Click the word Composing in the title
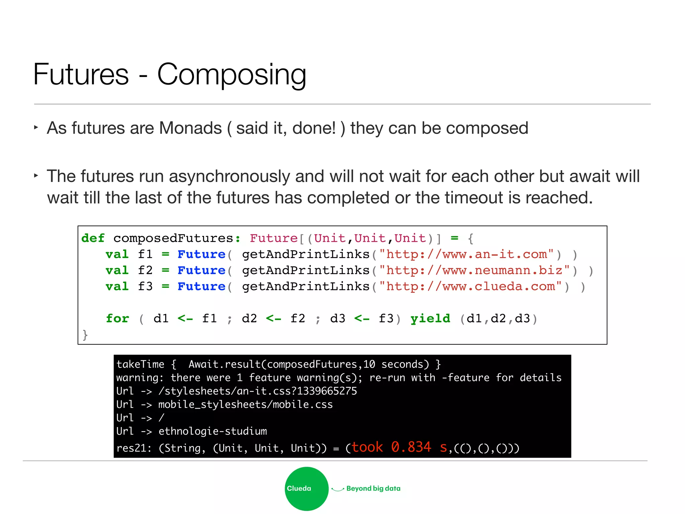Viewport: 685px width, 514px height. pos(231,75)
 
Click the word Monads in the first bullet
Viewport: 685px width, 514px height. pos(190,128)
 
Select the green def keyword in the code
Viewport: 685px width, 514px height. pos(93,238)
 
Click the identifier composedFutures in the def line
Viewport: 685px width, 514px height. pos(173,238)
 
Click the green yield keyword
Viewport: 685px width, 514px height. pos(430,318)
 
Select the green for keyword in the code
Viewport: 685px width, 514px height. pos(117,318)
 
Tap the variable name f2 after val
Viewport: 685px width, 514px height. pos(145,270)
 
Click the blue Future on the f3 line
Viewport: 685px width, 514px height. pos(201,286)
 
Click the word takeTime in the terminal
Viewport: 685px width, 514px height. pos(140,364)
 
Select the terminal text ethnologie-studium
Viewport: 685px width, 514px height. pos(213,431)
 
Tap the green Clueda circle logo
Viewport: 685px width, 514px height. pos(306,488)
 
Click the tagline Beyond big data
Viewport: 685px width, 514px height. pos(373,488)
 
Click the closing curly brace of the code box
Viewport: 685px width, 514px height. pos(85,335)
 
